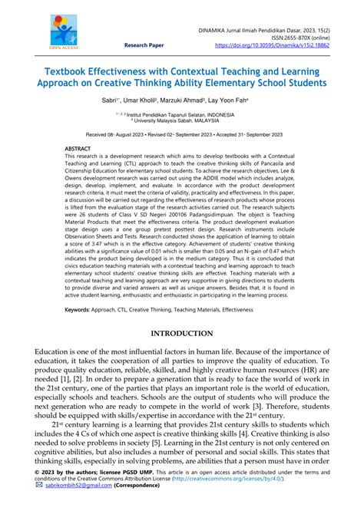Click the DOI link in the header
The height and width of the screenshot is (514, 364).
pyautogui.click(x=278, y=45)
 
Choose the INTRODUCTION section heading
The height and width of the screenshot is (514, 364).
pyautogui.click(x=183, y=333)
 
